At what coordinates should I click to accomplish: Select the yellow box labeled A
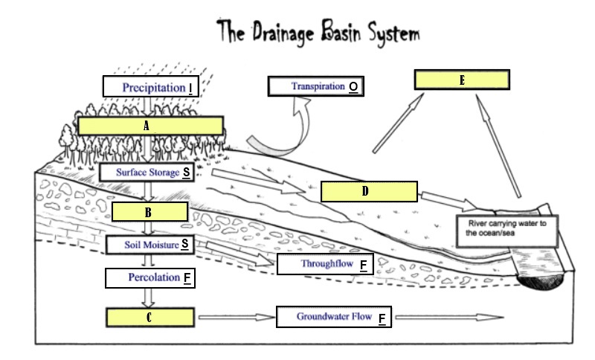[149, 126]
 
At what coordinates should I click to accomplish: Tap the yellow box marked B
[149, 212]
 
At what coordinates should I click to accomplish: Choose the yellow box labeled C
[149, 318]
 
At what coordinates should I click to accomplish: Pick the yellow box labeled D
[368, 191]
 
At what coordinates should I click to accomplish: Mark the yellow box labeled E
[461, 80]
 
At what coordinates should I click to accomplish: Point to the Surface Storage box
[149, 172]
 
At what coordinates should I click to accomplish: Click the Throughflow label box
[324, 264]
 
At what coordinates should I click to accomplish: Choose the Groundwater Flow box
[334, 317]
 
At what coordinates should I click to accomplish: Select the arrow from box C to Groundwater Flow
[236, 318]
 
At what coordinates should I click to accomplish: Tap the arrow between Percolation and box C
[149, 298]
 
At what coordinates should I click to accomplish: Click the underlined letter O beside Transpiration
[353, 87]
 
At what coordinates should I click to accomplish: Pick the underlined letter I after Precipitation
[190, 88]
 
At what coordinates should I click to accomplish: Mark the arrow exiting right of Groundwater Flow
[446, 318]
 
